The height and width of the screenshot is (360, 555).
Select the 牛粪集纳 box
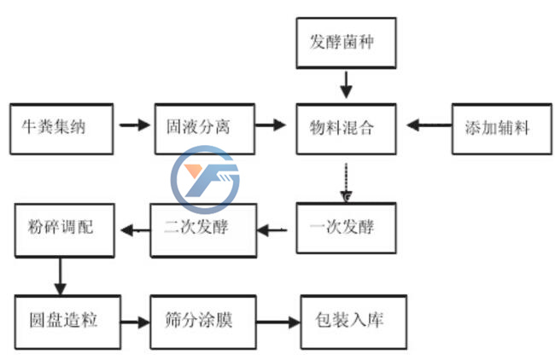coord(61,129)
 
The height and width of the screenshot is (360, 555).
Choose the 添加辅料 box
coord(497,129)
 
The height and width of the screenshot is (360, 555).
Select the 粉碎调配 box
coord(65,228)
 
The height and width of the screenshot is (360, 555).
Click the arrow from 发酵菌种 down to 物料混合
coord(345,84)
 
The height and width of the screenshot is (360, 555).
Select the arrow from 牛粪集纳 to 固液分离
coord(134,126)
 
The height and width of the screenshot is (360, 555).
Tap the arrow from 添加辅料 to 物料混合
coord(428,126)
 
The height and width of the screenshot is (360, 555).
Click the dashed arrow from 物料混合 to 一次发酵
coord(347,182)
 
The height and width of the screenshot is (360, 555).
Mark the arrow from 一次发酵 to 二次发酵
coord(274,229)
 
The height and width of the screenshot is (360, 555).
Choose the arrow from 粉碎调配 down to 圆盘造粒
coord(59,275)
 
